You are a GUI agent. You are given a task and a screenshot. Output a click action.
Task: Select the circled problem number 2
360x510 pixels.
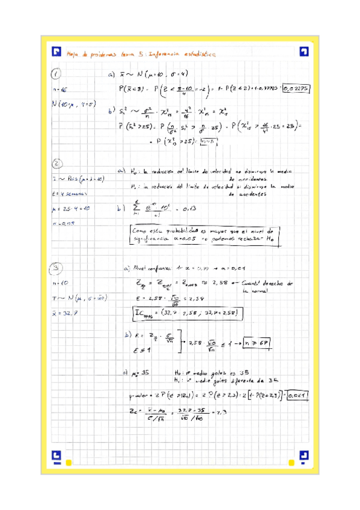tap(56, 163)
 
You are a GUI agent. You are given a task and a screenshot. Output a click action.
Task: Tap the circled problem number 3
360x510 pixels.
tap(56, 268)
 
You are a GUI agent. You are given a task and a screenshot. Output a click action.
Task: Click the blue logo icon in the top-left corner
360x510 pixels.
tap(57, 52)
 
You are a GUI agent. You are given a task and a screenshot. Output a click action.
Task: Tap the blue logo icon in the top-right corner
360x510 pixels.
tap(304, 52)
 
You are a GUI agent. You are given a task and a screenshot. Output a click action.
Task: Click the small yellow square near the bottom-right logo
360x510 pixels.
tap(291, 462)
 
